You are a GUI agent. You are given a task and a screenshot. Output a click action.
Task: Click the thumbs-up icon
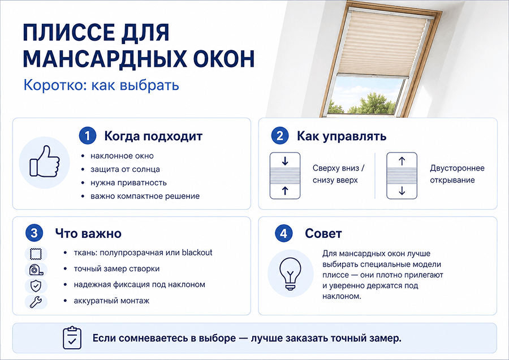coord(45,162)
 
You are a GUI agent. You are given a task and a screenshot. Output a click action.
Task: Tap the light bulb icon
coord(290,274)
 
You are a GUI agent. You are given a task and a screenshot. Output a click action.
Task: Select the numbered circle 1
coord(88,136)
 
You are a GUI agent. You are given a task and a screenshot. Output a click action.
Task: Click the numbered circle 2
coord(280,136)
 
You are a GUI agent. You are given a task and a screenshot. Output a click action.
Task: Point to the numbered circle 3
coord(34,233)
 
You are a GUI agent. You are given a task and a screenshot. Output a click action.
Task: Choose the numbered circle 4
coord(284,233)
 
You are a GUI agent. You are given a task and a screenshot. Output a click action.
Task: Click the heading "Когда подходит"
coord(153,136)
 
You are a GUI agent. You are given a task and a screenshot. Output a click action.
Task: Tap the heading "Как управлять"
coord(342,136)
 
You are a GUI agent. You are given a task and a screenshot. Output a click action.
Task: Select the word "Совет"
coord(323,233)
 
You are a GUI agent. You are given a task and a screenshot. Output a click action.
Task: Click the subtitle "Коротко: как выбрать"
coord(101,85)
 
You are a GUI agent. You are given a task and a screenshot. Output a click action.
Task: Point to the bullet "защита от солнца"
coord(125,170)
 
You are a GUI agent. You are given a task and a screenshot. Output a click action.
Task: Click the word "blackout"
coord(197,252)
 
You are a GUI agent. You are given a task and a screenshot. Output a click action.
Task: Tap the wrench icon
coord(36,302)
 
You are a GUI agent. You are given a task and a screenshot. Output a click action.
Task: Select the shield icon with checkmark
coord(36,286)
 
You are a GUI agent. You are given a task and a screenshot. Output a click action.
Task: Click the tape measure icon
coord(36,270)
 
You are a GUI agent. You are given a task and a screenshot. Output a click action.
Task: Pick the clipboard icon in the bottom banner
coord(72,337)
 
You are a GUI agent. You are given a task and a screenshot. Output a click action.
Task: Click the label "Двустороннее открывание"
coord(457,174)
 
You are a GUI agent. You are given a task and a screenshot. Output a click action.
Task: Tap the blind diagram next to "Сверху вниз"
coord(285,175)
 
